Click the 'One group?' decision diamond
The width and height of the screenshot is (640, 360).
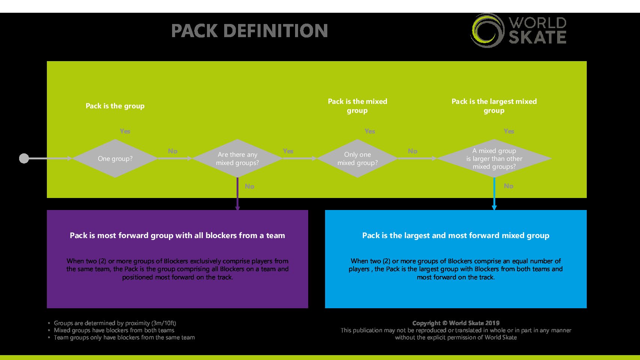click(115, 158)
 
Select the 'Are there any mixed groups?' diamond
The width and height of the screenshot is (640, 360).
click(237, 158)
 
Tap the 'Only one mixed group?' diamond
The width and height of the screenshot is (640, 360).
click(357, 158)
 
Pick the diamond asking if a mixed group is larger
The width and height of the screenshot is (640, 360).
click(494, 158)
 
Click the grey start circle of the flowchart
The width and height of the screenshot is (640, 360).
click(24, 158)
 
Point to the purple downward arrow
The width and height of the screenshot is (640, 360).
click(237, 194)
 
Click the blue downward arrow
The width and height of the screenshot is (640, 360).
click(494, 194)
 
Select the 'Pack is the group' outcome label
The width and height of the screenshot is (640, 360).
click(115, 106)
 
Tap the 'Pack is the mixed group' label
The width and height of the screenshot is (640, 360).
click(357, 106)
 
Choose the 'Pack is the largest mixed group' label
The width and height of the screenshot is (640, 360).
click(494, 106)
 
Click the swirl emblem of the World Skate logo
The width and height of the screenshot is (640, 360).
click(487, 30)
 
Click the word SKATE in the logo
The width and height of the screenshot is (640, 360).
click(537, 37)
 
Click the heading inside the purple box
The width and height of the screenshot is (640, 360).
click(177, 235)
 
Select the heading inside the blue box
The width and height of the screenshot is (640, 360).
click(456, 235)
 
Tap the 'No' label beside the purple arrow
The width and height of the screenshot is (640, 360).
click(249, 186)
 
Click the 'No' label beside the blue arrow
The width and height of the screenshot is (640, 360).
click(508, 186)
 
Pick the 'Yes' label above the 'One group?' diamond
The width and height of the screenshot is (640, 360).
click(125, 131)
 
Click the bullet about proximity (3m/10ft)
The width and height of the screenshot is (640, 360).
click(115, 323)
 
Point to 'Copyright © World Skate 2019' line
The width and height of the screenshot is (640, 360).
click(456, 323)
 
